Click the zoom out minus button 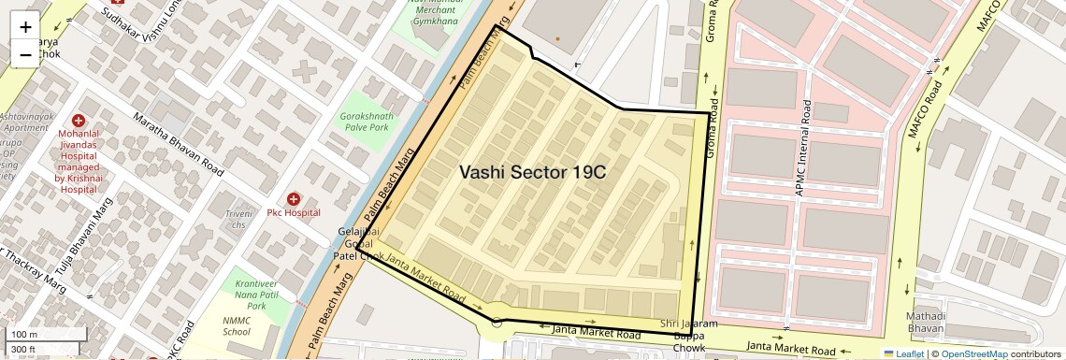point(25,55)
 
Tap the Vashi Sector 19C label point(532,173)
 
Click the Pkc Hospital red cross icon point(294,199)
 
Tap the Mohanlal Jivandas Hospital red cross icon point(78,122)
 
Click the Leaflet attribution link point(903,353)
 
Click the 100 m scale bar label point(23,334)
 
